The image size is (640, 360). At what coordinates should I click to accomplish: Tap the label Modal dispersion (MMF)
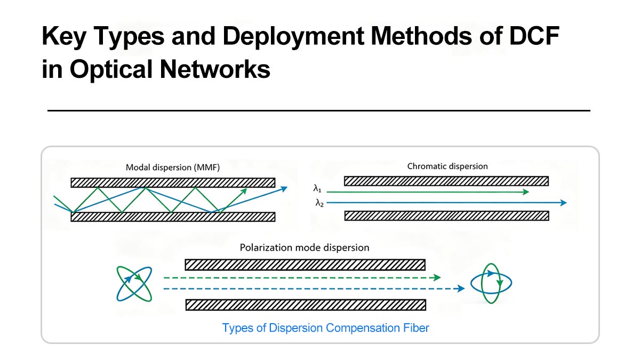coord(173,167)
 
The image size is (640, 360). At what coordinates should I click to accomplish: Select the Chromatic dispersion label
coord(447,166)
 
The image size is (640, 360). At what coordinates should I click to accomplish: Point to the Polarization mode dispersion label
coord(305,247)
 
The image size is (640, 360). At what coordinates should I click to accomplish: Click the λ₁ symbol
coord(318,189)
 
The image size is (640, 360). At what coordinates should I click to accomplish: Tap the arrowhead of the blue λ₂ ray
coord(563,203)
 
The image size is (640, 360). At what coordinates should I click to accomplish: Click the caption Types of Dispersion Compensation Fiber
coord(325,327)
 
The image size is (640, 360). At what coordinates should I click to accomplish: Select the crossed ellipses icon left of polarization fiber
coord(134,283)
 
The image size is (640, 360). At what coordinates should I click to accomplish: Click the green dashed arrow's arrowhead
coord(437,277)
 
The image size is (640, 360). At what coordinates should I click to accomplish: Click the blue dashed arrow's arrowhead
coord(460,289)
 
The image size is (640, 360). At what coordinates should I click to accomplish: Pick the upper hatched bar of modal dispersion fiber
coord(173,182)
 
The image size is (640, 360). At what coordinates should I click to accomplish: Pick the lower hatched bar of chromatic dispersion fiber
coord(447,215)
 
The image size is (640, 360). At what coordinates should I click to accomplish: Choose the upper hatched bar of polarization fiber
coord(305,265)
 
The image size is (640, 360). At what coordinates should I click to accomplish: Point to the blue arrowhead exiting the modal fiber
coord(284,188)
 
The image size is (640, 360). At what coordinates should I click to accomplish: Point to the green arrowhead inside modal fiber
coord(244,190)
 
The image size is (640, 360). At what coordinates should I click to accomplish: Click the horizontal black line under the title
coord(319,110)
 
